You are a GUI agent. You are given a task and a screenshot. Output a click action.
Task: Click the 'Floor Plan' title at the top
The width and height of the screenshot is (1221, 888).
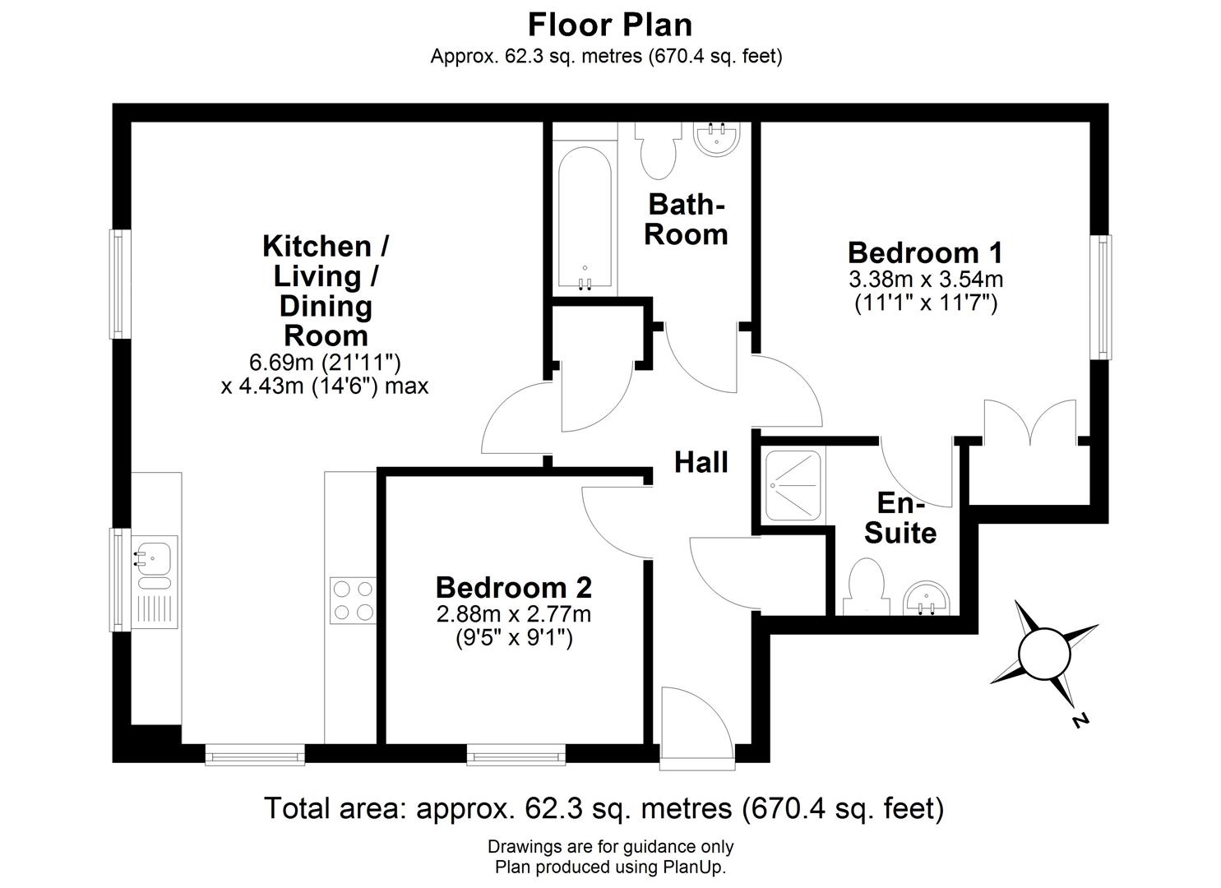click(609, 25)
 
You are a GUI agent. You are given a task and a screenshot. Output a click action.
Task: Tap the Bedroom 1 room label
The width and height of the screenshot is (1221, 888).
click(925, 252)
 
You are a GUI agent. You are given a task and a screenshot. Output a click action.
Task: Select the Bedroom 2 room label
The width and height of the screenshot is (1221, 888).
click(513, 587)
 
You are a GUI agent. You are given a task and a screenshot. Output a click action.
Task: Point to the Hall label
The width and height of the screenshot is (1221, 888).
click(701, 462)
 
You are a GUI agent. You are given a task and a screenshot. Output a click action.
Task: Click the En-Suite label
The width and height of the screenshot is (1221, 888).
click(900, 518)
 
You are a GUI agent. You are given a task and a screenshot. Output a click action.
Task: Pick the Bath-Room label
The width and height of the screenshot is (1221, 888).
click(686, 219)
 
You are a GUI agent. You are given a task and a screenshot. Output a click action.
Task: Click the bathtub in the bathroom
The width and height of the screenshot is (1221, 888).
click(585, 218)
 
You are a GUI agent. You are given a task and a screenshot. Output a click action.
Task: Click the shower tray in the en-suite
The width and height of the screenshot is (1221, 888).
click(793, 485)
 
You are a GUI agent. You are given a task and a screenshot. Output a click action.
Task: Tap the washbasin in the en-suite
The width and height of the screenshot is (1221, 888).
click(928, 599)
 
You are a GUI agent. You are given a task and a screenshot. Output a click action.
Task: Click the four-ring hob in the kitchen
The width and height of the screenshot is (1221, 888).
click(353, 600)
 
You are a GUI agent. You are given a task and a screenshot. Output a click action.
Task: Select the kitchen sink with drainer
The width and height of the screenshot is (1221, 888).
click(154, 580)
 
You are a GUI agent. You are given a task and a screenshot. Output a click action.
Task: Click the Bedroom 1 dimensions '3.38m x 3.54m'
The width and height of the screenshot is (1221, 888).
click(925, 280)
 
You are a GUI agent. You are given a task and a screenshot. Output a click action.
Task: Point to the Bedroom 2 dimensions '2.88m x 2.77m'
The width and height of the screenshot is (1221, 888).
click(513, 613)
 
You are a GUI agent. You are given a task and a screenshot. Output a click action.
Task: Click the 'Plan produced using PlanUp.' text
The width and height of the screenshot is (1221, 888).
click(609, 867)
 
